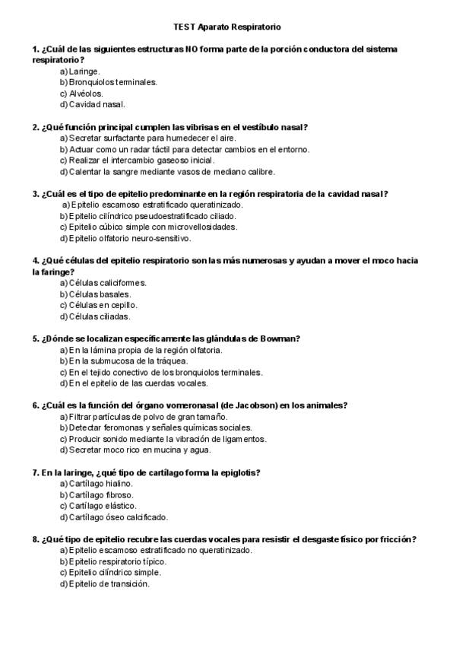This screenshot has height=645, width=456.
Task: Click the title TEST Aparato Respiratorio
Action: click(x=226, y=27)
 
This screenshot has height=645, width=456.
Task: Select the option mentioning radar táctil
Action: click(x=184, y=150)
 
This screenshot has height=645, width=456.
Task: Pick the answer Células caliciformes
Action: click(x=103, y=283)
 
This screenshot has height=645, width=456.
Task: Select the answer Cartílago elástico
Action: click(x=98, y=506)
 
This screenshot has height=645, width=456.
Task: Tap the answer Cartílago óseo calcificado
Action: click(x=113, y=517)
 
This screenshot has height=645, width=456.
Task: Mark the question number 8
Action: click(x=36, y=539)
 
